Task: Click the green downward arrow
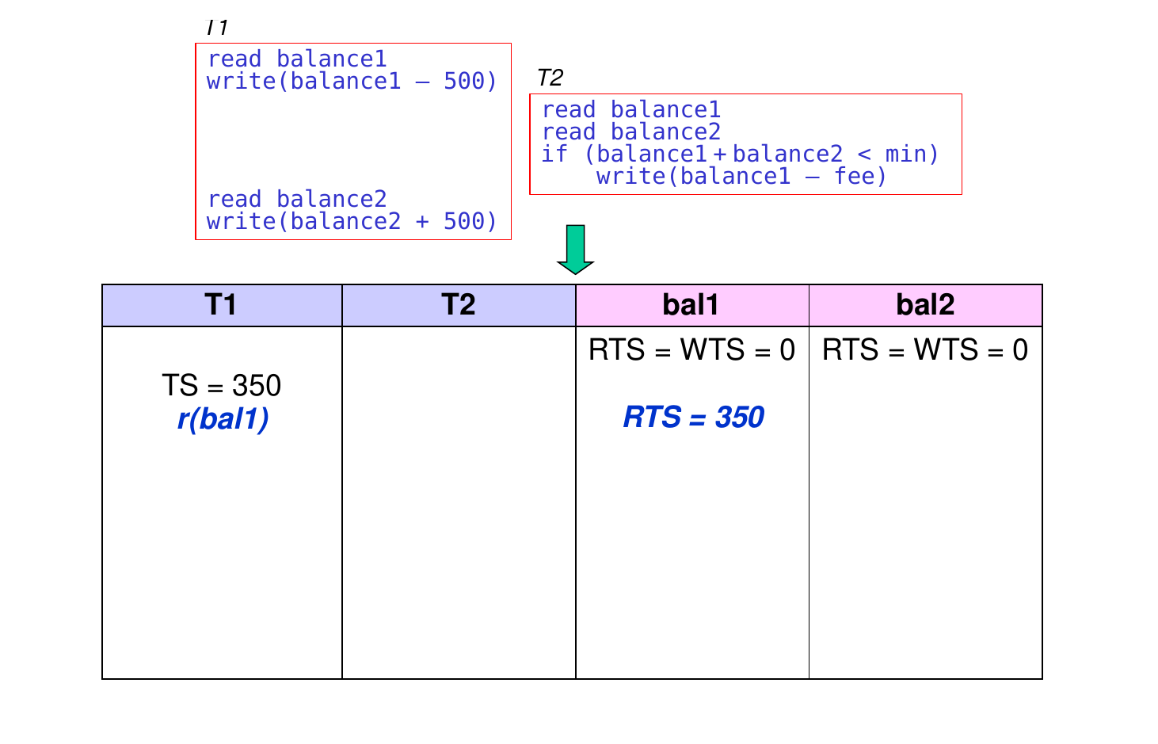click(x=575, y=250)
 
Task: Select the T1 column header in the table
click(x=221, y=304)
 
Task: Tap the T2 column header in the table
click(x=458, y=304)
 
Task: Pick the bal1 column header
click(x=691, y=304)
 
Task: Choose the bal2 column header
click(x=925, y=304)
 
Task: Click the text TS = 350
click(x=221, y=385)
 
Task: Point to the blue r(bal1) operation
click(x=223, y=419)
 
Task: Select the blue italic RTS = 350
click(x=693, y=417)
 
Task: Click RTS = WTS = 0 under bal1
click(x=691, y=349)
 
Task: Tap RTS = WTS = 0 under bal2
click(x=925, y=349)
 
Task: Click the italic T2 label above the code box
click(x=550, y=78)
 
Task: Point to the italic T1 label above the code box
click(x=216, y=28)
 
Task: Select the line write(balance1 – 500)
click(x=352, y=81)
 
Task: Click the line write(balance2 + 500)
click(x=352, y=221)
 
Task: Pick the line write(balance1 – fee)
click(x=741, y=177)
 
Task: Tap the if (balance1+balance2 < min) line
click(x=740, y=154)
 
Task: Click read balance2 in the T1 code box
click(x=297, y=199)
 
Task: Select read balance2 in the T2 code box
click(x=631, y=132)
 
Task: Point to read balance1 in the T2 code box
click(x=631, y=109)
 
